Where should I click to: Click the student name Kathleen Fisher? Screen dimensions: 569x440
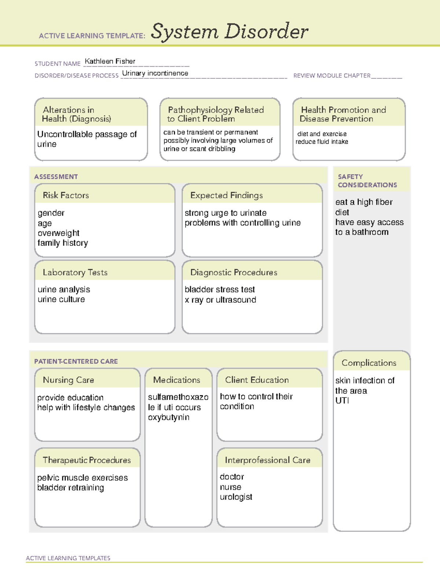point(110,61)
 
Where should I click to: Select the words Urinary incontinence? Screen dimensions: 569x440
point(155,73)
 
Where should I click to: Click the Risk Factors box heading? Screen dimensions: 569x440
point(66,195)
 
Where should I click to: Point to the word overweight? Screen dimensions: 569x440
point(58,233)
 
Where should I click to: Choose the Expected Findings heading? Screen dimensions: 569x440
point(226,195)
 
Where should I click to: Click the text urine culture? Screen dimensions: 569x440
point(61,299)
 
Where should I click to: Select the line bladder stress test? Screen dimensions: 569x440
point(220,289)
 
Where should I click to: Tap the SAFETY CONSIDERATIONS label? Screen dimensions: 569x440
point(367,181)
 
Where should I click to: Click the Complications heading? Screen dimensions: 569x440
point(369,363)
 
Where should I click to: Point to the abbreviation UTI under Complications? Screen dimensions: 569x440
point(342,400)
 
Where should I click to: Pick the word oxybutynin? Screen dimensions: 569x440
point(169,417)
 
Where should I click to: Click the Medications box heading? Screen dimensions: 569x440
point(177,380)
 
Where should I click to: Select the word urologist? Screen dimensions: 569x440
point(236,497)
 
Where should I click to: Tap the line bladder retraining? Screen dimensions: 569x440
point(70,488)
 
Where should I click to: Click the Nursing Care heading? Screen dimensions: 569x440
point(68,380)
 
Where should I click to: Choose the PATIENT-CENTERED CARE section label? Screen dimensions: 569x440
point(76,361)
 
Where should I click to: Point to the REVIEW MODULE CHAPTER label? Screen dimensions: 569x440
point(332,75)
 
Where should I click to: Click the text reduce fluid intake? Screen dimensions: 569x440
point(322,142)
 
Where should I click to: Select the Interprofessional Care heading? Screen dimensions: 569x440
point(267,460)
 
